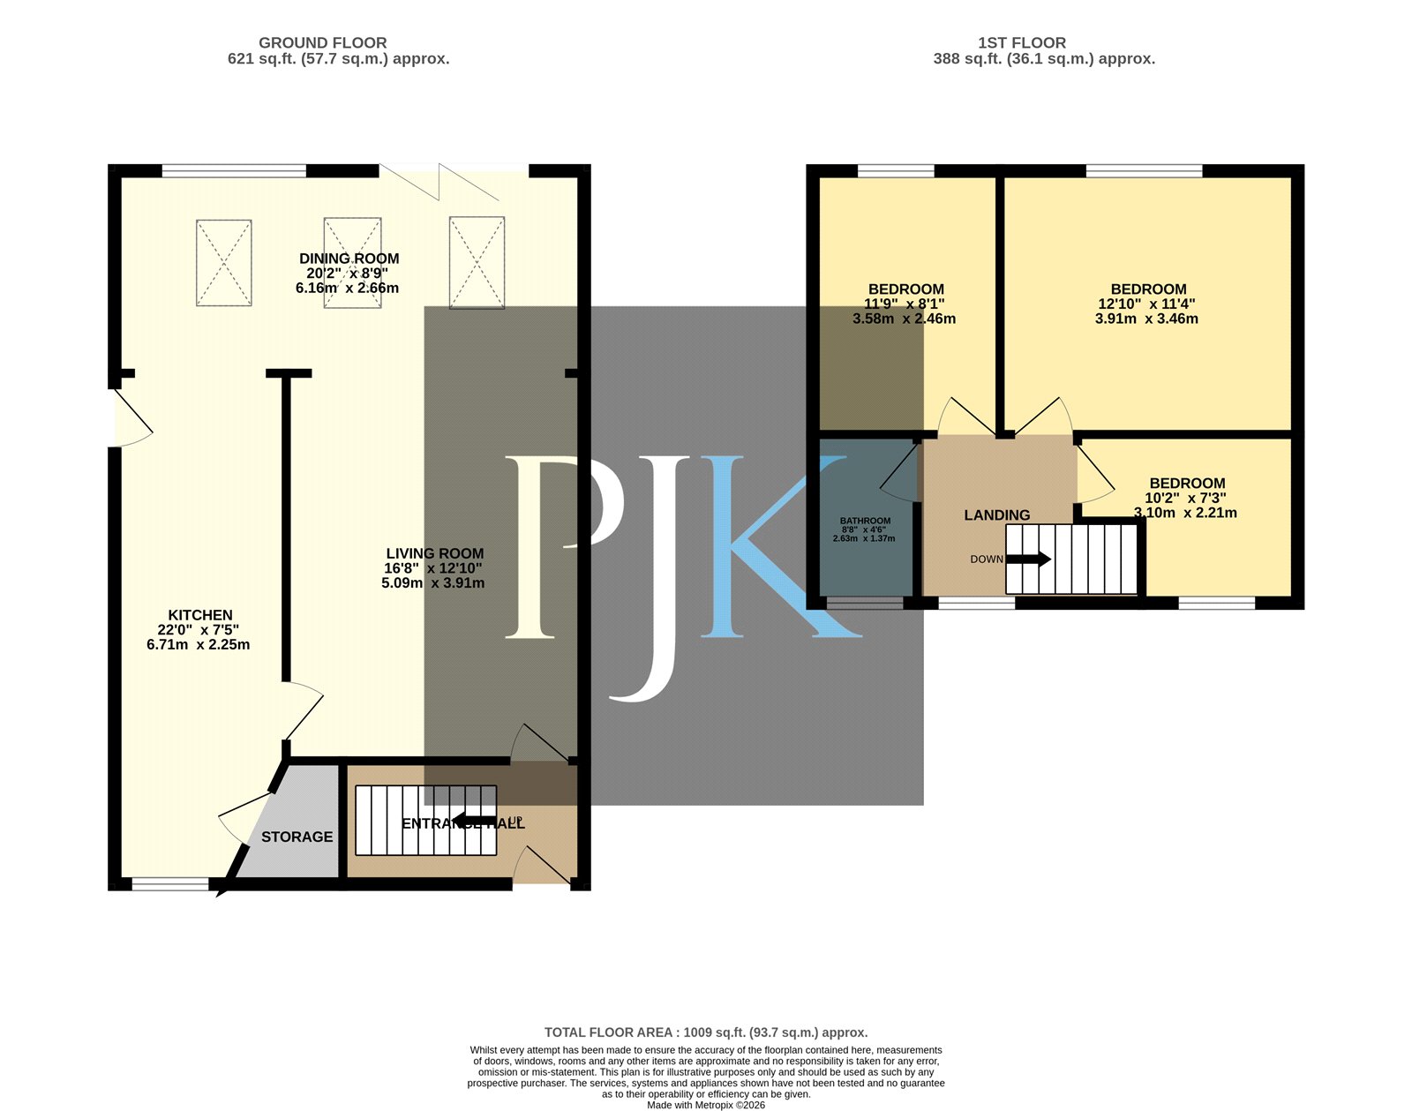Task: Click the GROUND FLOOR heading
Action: [322, 42]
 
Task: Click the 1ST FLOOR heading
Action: [1022, 42]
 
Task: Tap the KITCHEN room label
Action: [200, 615]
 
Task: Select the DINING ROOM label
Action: [349, 259]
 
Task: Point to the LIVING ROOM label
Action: [434, 553]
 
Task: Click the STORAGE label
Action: [297, 837]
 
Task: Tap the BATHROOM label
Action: [866, 521]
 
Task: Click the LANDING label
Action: [996, 515]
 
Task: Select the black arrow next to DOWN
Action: [1028, 559]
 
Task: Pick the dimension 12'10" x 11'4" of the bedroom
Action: [1147, 304]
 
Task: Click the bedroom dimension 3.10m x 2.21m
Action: [1185, 513]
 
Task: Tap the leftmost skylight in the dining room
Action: [224, 262]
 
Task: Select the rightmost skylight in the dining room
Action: [477, 262]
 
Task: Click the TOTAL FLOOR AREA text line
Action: [706, 1032]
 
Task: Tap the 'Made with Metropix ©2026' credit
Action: [706, 1105]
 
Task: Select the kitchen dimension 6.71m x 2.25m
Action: [199, 644]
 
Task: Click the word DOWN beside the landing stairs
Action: [987, 559]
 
